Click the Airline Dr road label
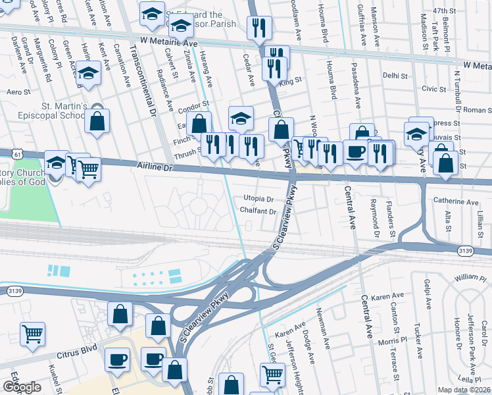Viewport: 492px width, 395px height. (x=155, y=167)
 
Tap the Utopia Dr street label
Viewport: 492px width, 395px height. (x=258, y=198)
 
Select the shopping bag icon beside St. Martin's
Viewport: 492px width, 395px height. (x=97, y=122)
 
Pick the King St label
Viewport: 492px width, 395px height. (x=289, y=82)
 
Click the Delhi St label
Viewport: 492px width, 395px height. (x=396, y=76)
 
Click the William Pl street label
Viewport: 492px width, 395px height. (x=470, y=278)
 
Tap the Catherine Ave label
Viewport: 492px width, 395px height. (x=456, y=201)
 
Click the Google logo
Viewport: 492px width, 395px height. (x=22, y=386)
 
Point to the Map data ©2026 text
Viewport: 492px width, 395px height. (x=464, y=390)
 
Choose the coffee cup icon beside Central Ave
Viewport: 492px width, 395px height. (x=355, y=151)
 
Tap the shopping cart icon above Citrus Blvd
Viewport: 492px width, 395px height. (x=32, y=333)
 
